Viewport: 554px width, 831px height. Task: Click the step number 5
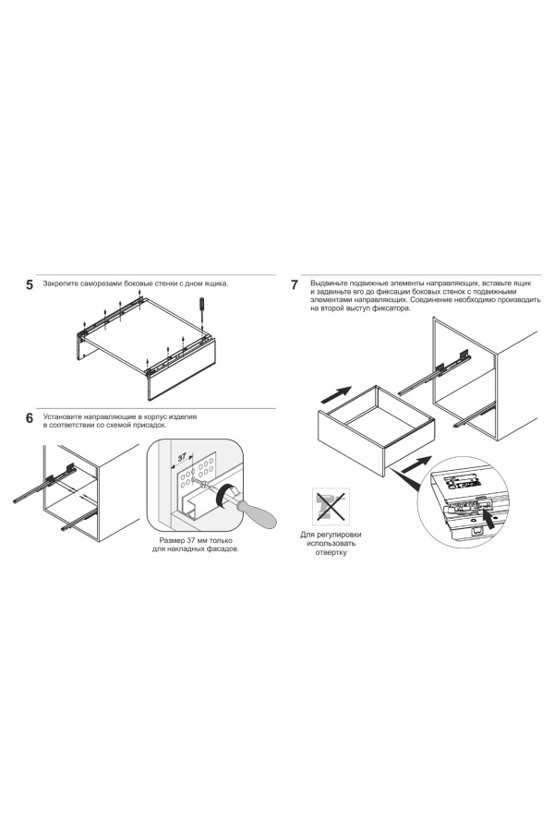[30, 285]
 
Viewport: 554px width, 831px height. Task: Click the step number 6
[30, 418]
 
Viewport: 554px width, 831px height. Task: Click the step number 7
[295, 284]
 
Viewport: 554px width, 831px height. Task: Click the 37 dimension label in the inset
[182, 457]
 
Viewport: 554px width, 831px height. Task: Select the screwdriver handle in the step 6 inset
[257, 513]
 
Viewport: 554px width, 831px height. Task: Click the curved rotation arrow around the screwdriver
[225, 496]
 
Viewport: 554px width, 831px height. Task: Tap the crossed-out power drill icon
[331, 507]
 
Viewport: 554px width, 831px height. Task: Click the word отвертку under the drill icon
[331, 553]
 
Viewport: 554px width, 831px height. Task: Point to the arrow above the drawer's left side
[336, 394]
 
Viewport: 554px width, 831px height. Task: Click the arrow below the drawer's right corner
[415, 464]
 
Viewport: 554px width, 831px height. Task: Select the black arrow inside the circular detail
[492, 524]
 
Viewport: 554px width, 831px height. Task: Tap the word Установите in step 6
[63, 416]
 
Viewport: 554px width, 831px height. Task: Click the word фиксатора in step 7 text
[391, 307]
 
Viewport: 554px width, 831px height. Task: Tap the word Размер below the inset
[172, 540]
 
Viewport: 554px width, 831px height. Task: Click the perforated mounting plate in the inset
[197, 471]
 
